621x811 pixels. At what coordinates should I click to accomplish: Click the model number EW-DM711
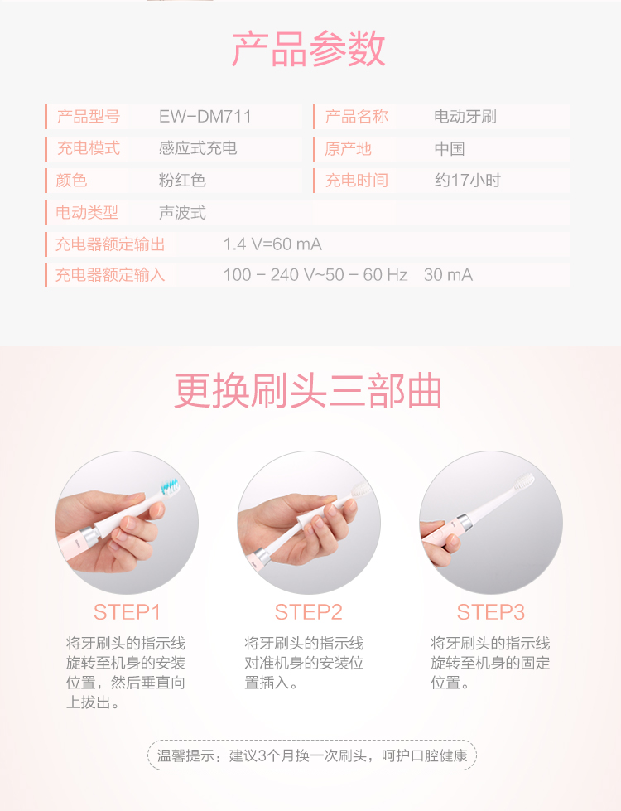[x=205, y=116]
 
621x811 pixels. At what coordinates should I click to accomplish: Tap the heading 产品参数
[x=309, y=49]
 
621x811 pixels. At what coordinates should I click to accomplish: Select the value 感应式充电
[x=198, y=148]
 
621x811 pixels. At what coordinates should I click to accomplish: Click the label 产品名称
[x=356, y=117]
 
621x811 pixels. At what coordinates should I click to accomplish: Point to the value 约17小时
[x=468, y=181]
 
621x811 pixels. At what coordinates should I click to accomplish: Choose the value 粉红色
[x=182, y=181]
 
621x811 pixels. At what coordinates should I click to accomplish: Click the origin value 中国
[x=450, y=149]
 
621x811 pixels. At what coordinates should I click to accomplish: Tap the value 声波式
[x=182, y=213]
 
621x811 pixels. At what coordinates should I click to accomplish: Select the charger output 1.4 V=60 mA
[x=272, y=244]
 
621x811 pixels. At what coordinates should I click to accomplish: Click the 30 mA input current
[x=448, y=275]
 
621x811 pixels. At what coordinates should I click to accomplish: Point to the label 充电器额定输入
[x=110, y=275]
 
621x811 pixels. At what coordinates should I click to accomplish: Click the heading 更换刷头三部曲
[x=308, y=391]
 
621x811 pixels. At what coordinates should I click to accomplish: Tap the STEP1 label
[x=127, y=612]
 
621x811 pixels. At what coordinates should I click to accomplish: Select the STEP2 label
[x=308, y=612]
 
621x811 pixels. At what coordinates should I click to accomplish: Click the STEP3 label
[x=491, y=612]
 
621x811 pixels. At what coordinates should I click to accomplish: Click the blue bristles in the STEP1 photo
[x=170, y=486]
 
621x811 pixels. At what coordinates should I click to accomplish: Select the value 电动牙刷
[x=465, y=117]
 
